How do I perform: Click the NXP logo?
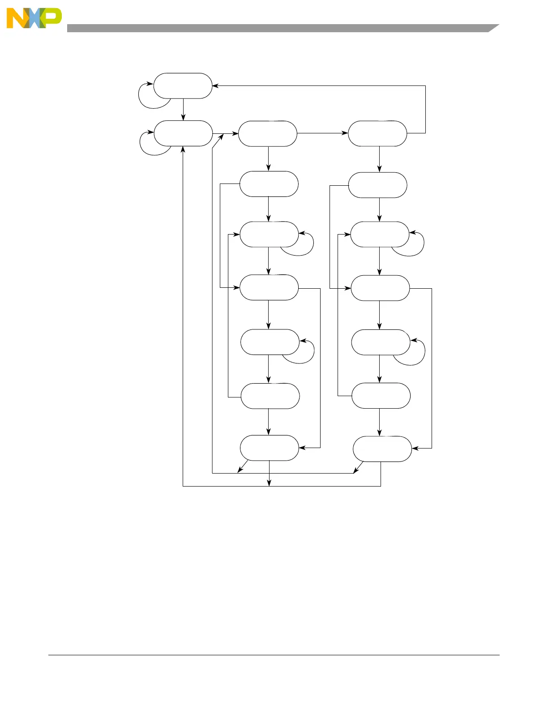[x=34, y=18]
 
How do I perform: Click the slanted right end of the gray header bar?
[x=492, y=28]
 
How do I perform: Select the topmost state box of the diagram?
[x=183, y=85]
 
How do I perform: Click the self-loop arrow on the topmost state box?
[x=148, y=101]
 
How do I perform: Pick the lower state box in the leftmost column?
[x=183, y=133]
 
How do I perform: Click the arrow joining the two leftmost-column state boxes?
[x=184, y=110]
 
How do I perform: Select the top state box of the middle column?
[x=268, y=133]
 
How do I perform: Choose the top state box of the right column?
[x=377, y=133]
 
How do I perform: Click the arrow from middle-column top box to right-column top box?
[x=322, y=133]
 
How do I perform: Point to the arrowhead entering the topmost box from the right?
[x=215, y=85]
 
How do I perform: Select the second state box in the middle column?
[x=269, y=184]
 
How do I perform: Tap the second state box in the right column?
[x=377, y=185]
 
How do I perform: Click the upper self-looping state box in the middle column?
[x=269, y=234]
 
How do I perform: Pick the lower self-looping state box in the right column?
[x=381, y=342]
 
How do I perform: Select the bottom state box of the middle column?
[x=269, y=448]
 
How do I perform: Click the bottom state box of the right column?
[x=382, y=449]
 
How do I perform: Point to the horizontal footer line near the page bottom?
[x=274, y=655]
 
